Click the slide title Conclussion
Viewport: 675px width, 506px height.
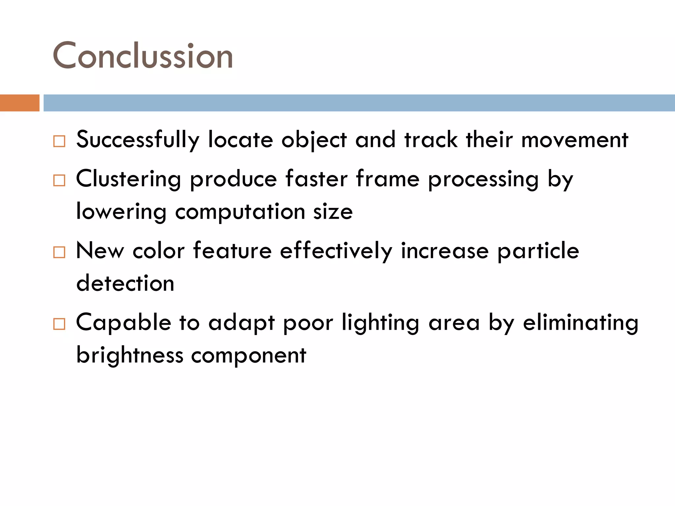tap(143, 56)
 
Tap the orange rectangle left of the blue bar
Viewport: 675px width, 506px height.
tap(19, 103)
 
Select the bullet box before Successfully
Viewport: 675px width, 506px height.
tap(59, 141)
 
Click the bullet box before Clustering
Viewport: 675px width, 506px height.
tap(59, 181)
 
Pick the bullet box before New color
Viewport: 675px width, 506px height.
tap(59, 252)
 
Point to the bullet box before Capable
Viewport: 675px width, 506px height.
tap(59, 324)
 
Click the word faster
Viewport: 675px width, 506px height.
tap(316, 179)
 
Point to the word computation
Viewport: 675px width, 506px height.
tap(240, 212)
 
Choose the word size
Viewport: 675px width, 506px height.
tap(333, 212)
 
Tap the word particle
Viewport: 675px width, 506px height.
tap(538, 251)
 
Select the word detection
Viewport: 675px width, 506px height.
tap(125, 283)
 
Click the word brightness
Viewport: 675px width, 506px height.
tap(130, 355)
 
